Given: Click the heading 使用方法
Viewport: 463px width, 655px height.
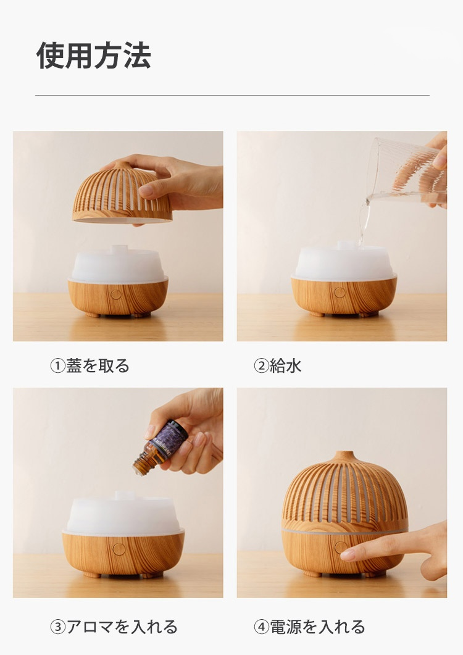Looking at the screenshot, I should pos(94,56).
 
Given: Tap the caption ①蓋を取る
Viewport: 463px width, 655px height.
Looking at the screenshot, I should pos(90,366).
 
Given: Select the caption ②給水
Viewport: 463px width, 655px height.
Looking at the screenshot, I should pos(278,366).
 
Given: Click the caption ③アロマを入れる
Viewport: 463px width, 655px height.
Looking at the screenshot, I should pos(114,627).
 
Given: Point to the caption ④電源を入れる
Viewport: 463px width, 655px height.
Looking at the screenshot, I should pos(310,627).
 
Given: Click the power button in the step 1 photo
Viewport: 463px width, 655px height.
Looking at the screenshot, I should pos(115,294).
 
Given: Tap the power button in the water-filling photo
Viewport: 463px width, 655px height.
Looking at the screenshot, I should pos(339,293).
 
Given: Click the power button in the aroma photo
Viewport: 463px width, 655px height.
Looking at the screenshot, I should pos(119,548).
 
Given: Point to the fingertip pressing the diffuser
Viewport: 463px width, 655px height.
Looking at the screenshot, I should pos(348,554).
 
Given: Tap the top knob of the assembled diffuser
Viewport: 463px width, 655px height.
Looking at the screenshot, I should pos(344,457).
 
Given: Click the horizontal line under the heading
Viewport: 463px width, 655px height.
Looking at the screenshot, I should pos(232,96).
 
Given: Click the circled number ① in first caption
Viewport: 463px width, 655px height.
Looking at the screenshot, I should pos(57,366).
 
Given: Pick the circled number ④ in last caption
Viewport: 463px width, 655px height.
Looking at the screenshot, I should pos(261,627).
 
